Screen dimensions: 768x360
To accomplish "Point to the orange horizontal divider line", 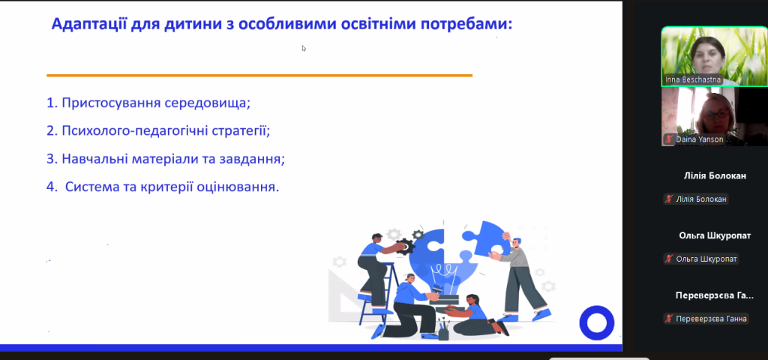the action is click(259, 76).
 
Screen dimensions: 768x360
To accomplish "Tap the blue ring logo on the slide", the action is click(596, 322).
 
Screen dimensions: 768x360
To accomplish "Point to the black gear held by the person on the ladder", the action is click(405, 246).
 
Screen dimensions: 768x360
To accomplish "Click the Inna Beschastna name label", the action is click(693, 79).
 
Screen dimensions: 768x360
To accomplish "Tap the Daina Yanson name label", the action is click(700, 139).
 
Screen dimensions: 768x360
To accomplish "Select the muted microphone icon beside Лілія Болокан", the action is click(668, 199).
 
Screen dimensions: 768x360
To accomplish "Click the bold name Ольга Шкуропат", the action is click(715, 235).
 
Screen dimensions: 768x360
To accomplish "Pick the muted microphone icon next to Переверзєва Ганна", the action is click(668, 319).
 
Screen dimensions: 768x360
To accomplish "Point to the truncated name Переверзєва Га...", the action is click(715, 295).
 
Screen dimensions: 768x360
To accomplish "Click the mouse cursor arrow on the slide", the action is click(304, 48).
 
